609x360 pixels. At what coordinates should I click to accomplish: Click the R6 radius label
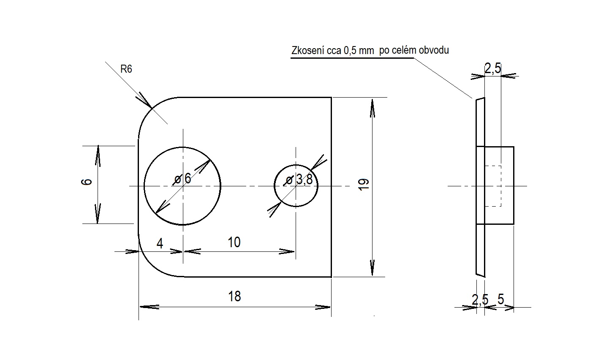(126, 69)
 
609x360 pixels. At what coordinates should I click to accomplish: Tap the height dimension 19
(364, 184)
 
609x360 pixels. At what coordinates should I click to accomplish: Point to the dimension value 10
(234, 242)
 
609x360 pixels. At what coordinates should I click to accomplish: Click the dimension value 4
(160, 243)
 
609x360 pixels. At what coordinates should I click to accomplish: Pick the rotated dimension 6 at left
(87, 182)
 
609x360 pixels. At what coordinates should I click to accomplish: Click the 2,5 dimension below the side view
(480, 300)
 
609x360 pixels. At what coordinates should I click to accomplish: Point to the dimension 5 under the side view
(501, 299)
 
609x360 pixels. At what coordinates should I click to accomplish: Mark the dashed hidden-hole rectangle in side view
(492, 186)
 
